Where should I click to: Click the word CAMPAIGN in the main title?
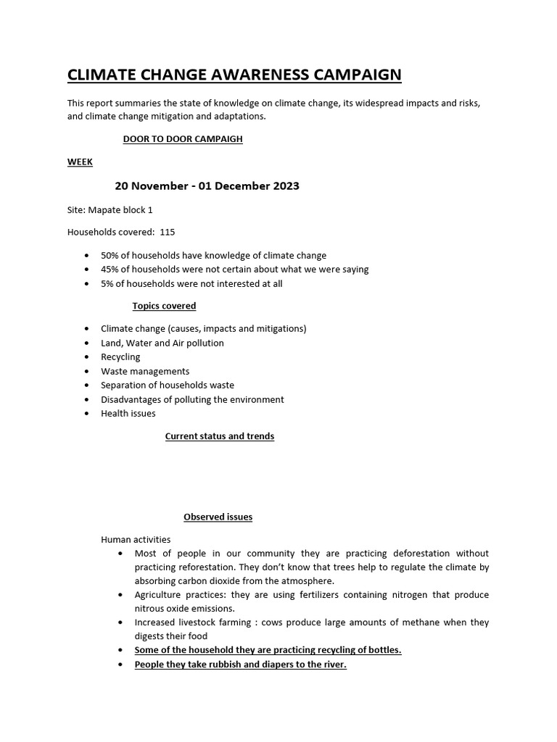click(349, 75)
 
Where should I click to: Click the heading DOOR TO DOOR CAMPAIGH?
click(183, 139)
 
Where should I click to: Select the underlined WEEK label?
click(80, 162)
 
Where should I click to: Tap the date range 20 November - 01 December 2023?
click(207, 186)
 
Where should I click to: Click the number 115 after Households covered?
click(168, 233)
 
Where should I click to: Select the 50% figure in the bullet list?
click(110, 256)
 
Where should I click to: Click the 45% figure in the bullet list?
click(110, 270)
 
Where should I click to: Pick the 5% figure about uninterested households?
click(108, 283)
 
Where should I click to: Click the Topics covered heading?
click(164, 306)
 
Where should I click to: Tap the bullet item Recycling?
click(120, 357)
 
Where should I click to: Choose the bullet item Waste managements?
click(145, 371)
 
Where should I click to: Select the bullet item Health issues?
click(128, 414)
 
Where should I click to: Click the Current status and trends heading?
click(220, 436)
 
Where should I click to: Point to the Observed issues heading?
click(218, 517)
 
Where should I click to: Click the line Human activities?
click(136, 539)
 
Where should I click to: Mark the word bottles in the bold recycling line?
click(384, 650)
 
